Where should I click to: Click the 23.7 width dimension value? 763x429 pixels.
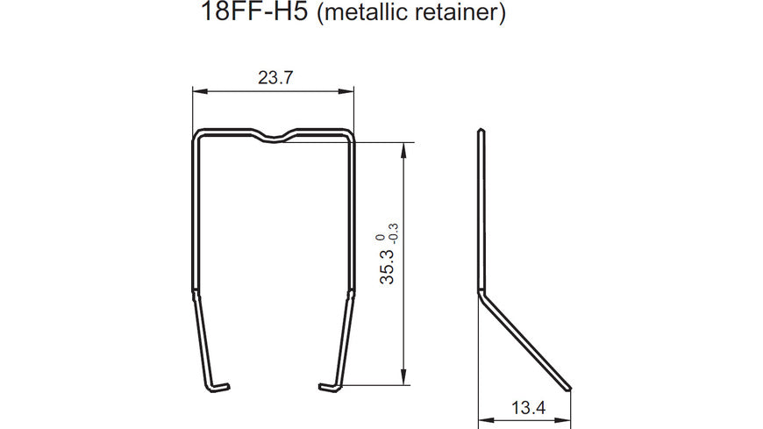click(x=275, y=78)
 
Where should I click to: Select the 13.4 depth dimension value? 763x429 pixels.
click(x=524, y=408)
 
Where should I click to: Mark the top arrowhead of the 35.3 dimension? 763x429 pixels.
click(x=403, y=148)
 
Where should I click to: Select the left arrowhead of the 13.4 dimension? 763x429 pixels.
click(x=483, y=418)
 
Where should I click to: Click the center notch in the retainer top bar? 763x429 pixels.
click(x=275, y=137)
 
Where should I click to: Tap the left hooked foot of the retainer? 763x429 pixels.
click(x=218, y=385)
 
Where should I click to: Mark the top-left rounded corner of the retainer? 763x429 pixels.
click(x=197, y=135)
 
